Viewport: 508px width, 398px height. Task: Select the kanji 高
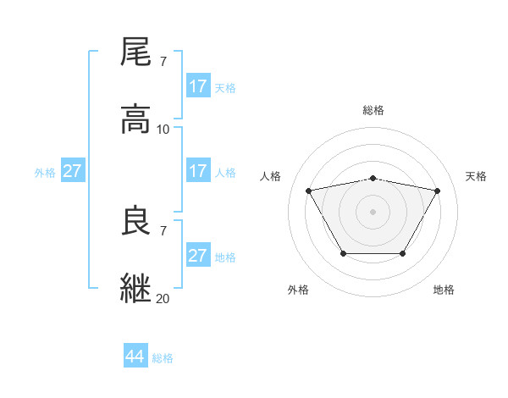(x=136, y=119)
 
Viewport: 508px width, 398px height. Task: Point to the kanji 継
(x=136, y=289)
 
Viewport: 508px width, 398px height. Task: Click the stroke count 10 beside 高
(x=163, y=130)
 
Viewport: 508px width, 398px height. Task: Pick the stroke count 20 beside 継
(x=163, y=298)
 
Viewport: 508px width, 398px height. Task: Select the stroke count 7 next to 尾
(x=163, y=62)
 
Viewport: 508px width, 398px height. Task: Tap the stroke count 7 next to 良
(x=163, y=230)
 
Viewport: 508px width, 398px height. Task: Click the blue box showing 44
(x=135, y=357)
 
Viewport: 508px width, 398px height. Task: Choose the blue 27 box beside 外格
(x=73, y=171)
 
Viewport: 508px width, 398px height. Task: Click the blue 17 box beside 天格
(x=198, y=86)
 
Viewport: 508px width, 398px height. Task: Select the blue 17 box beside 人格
(x=198, y=171)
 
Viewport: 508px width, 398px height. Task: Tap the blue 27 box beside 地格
(x=198, y=256)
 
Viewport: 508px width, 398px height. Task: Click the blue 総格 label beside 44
(x=163, y=358)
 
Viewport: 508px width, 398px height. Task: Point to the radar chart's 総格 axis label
(x=373, y=110)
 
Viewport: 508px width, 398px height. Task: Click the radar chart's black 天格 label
(x=476, y=176)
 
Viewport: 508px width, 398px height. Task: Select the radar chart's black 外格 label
(x=298, y=290)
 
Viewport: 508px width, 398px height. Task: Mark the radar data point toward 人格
(x=309, y=191)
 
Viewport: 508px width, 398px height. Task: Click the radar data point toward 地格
(x=402, y=253)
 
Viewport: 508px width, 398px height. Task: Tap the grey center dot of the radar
(x=373, y=212)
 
